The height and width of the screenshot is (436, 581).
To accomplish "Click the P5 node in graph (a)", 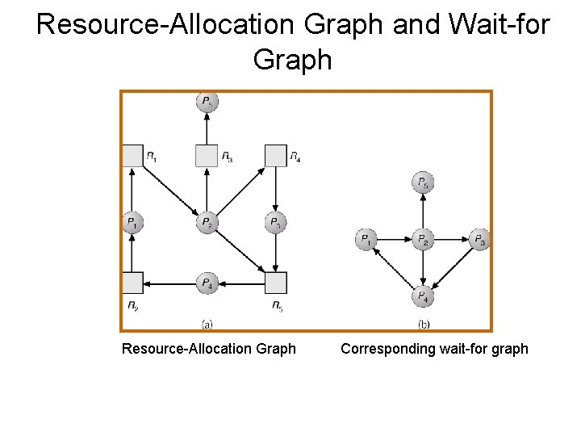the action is [x=207, y=103].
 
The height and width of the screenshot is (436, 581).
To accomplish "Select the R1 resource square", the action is [x=132, y=155].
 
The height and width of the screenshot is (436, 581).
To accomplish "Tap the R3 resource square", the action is [x=207, y=155].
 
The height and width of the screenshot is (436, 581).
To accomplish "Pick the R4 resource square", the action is [x=276, y=155].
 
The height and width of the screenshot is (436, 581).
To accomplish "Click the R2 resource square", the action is [x=132, y=283].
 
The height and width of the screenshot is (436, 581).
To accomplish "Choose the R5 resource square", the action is [x=276, y=283].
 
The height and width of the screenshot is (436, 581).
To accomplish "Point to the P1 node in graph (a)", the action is [x=132, y=223].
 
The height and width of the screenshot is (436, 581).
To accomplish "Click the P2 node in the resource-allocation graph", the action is [x=207, y=223].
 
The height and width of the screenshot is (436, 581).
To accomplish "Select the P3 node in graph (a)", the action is [x=276, y=223].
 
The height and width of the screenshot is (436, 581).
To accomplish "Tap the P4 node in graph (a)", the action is [x=207, y=283].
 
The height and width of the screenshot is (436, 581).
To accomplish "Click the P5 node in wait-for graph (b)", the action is [x=422, y=183].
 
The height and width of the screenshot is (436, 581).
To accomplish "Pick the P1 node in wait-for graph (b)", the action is [x=366, y=240].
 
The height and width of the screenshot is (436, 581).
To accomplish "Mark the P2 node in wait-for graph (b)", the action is [x=422, y=240].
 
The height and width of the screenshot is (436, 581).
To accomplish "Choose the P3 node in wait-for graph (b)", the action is [x=479, y=240].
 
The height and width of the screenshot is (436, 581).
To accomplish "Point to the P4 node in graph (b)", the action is [x=422, y=296].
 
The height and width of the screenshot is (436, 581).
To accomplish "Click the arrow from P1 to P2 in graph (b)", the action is [x=394, y=240].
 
